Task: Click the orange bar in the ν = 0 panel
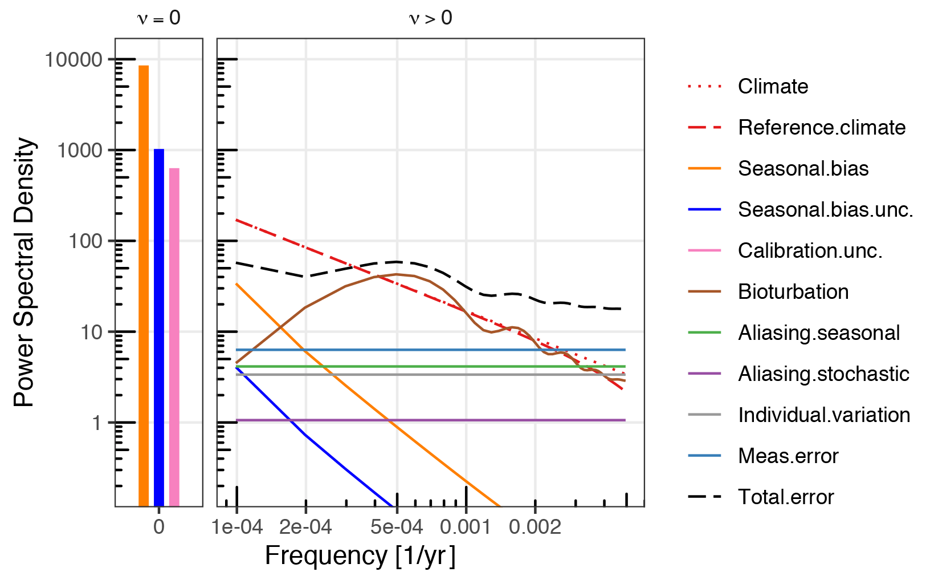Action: pos(144,285)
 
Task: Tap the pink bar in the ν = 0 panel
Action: pos(174,336)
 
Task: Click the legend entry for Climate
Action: pos(773,87)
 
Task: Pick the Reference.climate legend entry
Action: pos(821,128)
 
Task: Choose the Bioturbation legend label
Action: pos(793,292)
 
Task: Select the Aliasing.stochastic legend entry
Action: pos(823,374)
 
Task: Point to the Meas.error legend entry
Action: pos(788,456)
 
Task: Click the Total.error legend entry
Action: pos(785,497)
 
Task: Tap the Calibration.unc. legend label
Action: pos(810,251)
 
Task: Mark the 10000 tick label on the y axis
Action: pos(74,59)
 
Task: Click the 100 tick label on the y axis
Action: pos(85,241)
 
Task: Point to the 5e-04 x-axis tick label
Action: pos(397,527)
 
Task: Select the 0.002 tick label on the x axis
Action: pos(535,527)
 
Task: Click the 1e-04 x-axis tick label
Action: pos(237,527)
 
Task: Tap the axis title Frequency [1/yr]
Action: pos(360,556)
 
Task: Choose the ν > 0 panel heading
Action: pos(430,18)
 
